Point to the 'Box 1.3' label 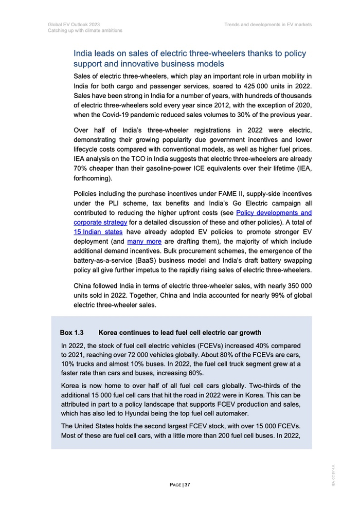point(72,332)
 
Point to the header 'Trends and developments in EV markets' point(268,24)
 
